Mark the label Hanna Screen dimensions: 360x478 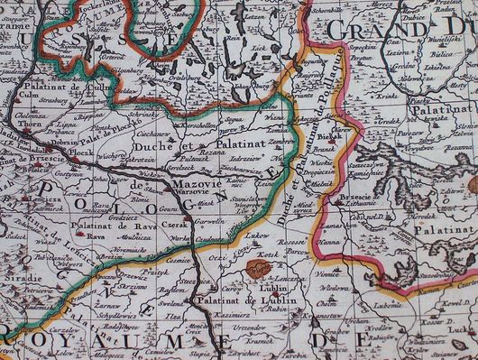[328, 241]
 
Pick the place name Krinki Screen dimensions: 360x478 [387, 94]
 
